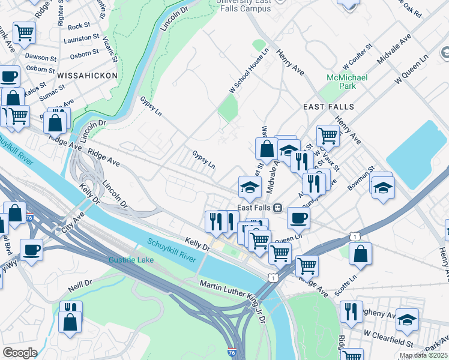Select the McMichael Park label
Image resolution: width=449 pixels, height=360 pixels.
pyautogui.click(x=342, y=82)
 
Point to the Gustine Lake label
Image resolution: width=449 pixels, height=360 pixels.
pyautogui.click(x=131, y=260)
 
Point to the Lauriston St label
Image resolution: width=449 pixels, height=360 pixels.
pyautogui.click(x=83, y=37)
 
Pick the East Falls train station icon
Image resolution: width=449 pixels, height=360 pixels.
pyautogui.click(x=277, y=208)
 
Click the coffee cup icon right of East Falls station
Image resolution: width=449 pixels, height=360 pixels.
pyautogui.click(x=298, y=218)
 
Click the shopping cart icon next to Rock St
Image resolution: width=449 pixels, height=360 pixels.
pyautogui.click(x=24, y=32)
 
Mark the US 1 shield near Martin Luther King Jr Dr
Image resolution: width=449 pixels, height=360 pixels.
pyautogui.click(x=274, y=278)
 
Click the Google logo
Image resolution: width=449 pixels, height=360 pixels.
pyautogui.click(x=20, y=353)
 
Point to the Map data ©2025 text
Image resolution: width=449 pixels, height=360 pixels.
pyautogui.click(x=423, y=355)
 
